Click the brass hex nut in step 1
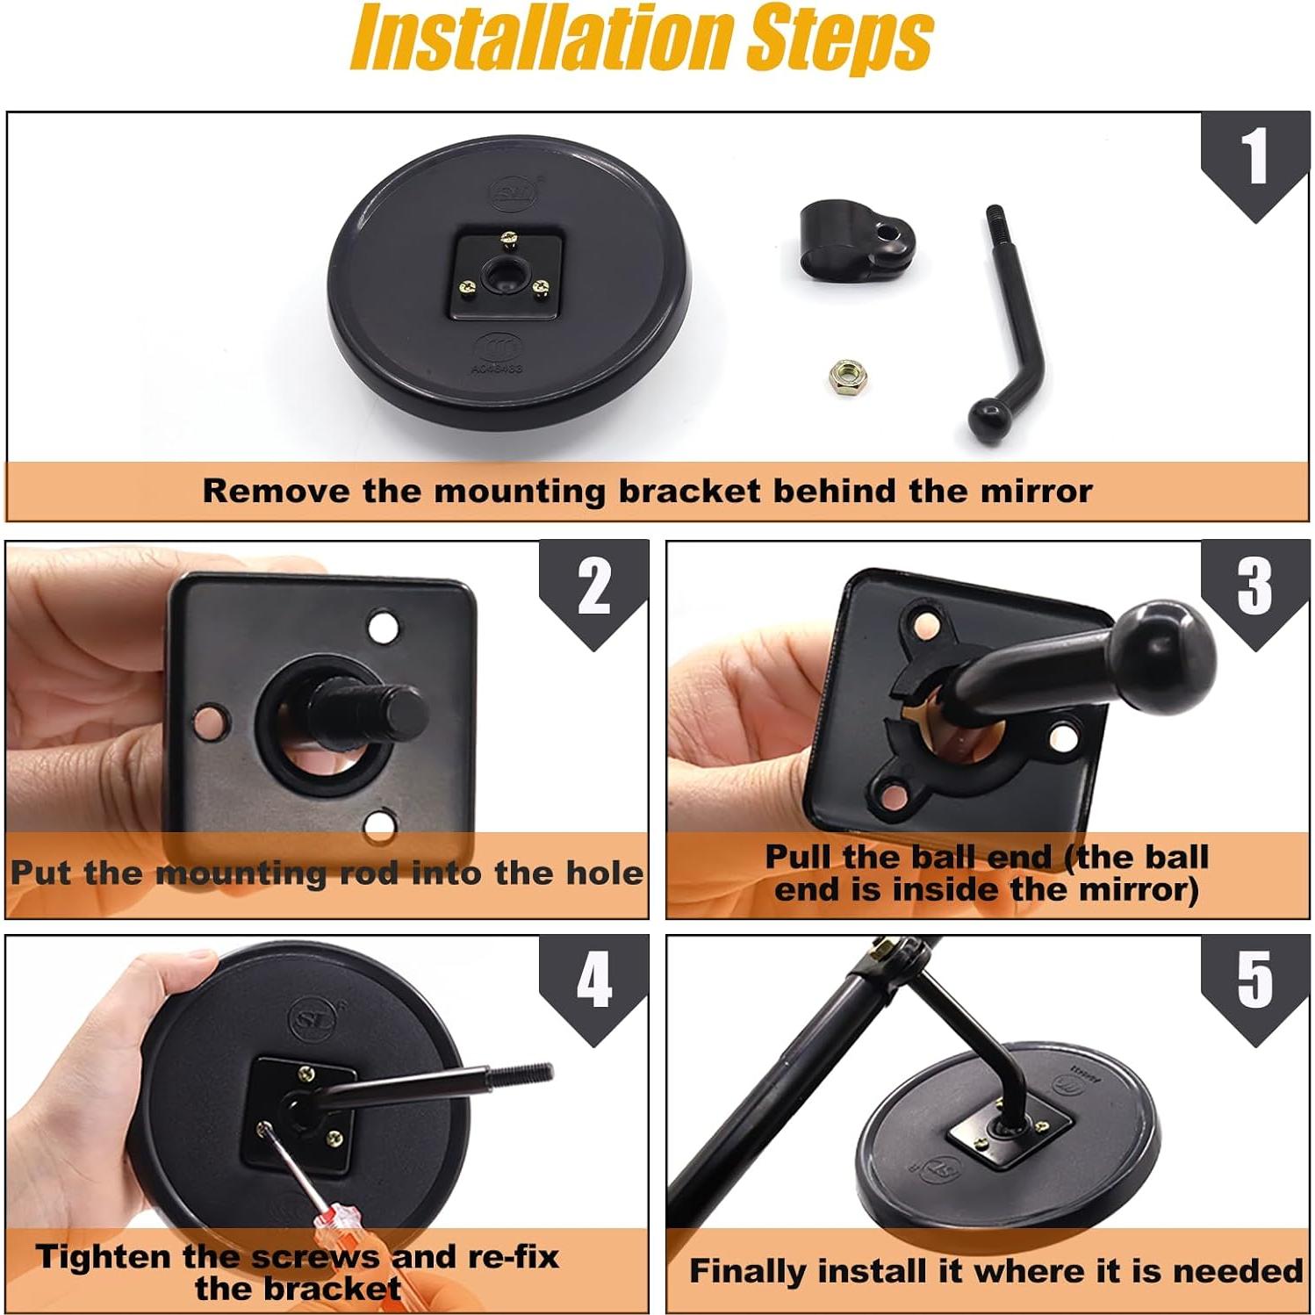[x=846, y=376]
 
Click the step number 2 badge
[x=593, y=593]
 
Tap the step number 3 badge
[x=1254, y=593]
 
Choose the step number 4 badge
[x=593, y=988]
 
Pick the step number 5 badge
[x=1254, y=988]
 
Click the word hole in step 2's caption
[x=604, y=873]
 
